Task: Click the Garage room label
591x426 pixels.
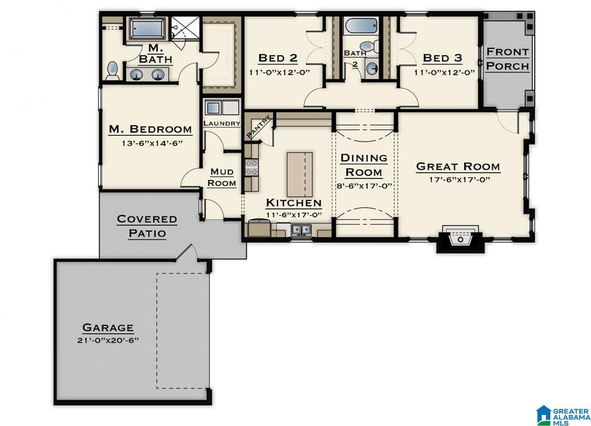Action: (x=108, y=328)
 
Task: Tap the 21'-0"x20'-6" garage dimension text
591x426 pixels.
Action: (x=108, y=341)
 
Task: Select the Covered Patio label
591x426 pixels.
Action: (x=147, y=226)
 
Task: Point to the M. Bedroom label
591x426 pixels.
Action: (x=151, y=129)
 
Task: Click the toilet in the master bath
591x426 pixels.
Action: (x=113, y=71)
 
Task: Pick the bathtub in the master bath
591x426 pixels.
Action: (x=148, y=29)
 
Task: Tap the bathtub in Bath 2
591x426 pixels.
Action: (x=361, y=26)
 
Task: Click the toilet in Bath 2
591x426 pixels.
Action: (x=369, y=47)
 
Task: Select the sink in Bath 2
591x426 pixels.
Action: (x=372, y=68)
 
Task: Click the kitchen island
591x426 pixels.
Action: (x=300, y=175)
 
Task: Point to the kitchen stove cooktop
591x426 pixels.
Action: (x=251, y=167)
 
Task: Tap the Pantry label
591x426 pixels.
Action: (x=259, y=127)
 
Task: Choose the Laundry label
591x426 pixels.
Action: (x=222, y=123)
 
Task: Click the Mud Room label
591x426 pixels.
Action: (x=222, y=177)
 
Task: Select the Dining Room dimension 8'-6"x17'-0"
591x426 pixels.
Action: (x=364, y=186)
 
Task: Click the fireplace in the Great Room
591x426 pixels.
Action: (x=460, y=239)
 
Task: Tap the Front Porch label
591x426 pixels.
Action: (x=507, y=59)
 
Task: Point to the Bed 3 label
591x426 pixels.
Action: (x=442, y=58)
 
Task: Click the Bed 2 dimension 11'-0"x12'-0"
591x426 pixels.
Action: (x=279, y=73)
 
